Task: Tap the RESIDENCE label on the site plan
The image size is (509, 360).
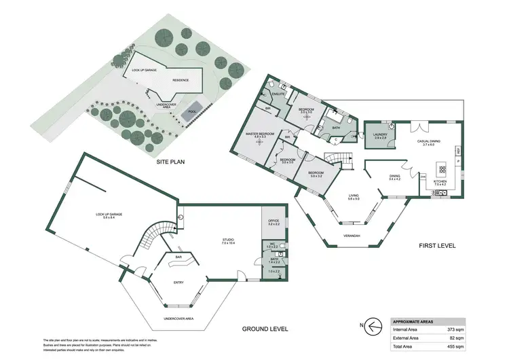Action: [x=180, y=79]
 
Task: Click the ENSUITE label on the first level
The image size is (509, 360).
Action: [x=278, y=94]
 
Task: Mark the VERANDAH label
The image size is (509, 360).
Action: [x=352, y=236]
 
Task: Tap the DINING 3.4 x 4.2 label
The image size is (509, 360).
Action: [x=395, y=178]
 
